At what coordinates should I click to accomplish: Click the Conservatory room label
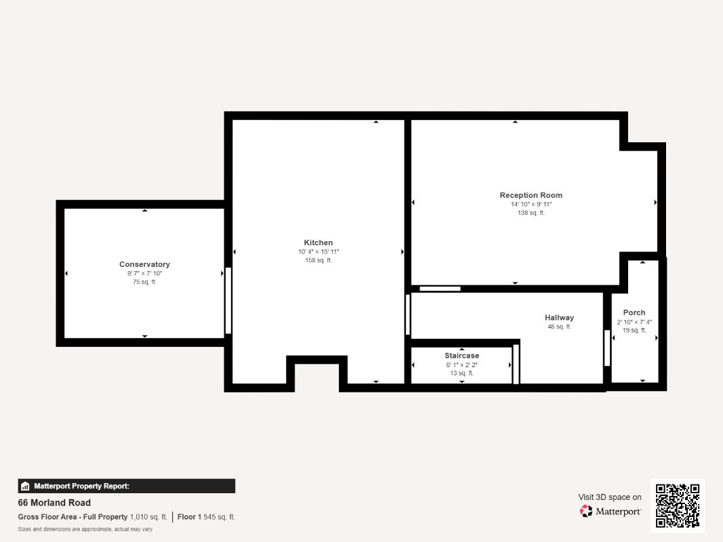(145, 264)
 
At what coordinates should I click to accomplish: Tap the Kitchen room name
(318, 243)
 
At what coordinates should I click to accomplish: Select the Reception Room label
(531, 195)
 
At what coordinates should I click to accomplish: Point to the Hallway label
(559, 318)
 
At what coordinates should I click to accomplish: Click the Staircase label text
(461, 355)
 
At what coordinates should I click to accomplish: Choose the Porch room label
(634, 312)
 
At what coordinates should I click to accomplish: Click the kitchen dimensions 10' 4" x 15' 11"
(318, 251)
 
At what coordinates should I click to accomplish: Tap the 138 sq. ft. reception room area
(531, 213)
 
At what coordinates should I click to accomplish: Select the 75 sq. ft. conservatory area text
(145, 282)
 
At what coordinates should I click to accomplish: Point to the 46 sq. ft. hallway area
(559, 327)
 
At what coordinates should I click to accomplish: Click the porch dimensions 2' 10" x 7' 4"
(634, 322)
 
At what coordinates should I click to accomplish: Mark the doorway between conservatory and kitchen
(228, 301)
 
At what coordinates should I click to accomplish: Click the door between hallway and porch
(607, 348)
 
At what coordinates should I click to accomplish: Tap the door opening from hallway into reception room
(440, 289)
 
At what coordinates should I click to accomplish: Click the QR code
(678, 505)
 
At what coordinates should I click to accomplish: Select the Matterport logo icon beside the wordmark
(586, 511)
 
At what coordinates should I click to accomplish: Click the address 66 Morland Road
(54, 502)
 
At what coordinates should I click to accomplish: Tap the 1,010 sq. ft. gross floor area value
(148, 517)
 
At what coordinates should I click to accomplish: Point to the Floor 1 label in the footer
(189, 517)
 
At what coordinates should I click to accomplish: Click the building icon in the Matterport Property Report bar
(25, 486)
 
